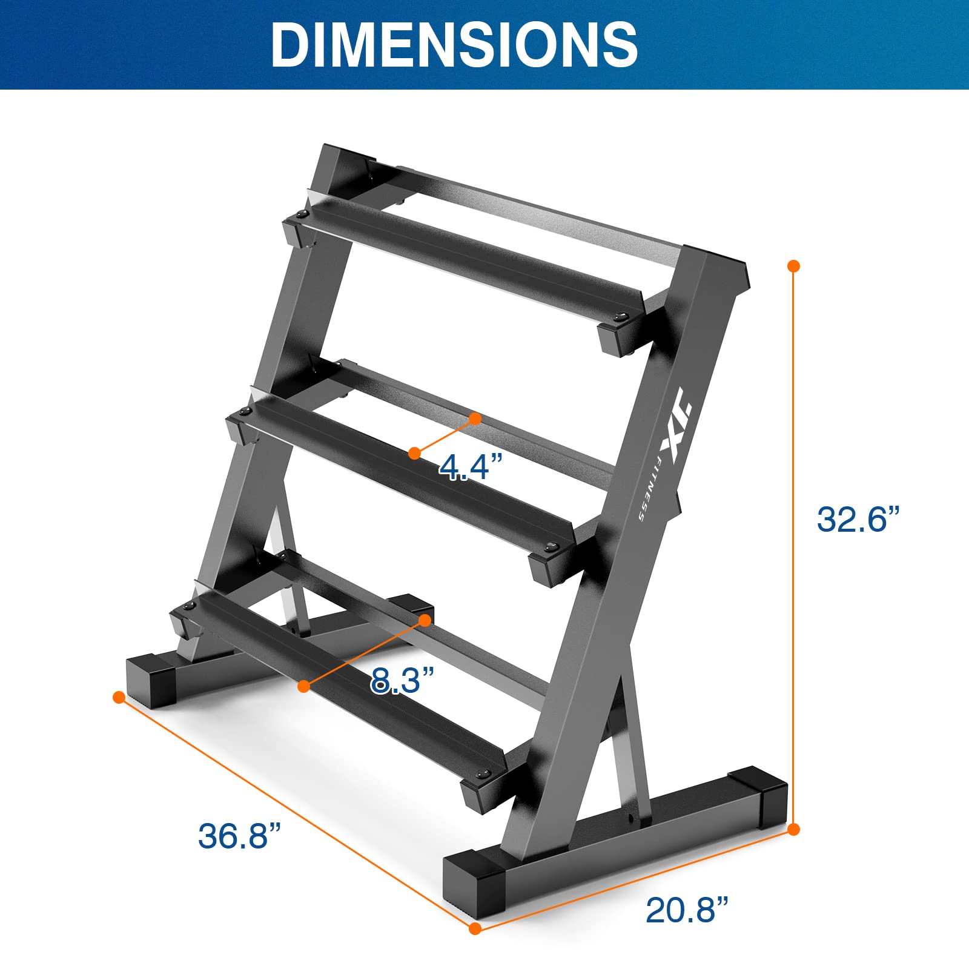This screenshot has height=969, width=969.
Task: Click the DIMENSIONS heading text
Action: (x=454, y=45)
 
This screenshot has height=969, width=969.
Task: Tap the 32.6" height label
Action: (x=858, y=519)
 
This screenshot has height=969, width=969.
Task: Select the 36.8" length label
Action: (x=240, y=836)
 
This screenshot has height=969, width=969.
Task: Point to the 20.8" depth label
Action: (x=687, y=927)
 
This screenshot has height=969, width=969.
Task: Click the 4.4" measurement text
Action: (x=471, y=467)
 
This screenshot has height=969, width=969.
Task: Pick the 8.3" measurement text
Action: (x=403, y=680)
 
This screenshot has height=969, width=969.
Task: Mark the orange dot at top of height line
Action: (x=794, y=266)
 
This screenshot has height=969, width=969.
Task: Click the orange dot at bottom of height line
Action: (x=794, y=829)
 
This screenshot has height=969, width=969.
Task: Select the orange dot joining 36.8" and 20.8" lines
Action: (x=475, y=945)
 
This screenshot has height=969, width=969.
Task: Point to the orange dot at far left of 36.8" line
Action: (x=119, y=697)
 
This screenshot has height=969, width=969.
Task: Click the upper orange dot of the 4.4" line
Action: (x=475, y=418)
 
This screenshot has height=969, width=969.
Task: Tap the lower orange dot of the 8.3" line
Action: (x=304, y=686)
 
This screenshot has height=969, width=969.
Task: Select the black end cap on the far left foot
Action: (x=150, y=680)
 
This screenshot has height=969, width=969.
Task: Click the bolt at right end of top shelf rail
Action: (x=620, y=316)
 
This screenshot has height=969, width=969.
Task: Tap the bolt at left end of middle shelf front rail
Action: (x=246, y=412)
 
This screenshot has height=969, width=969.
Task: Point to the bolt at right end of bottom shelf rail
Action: (x=483, y=774)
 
